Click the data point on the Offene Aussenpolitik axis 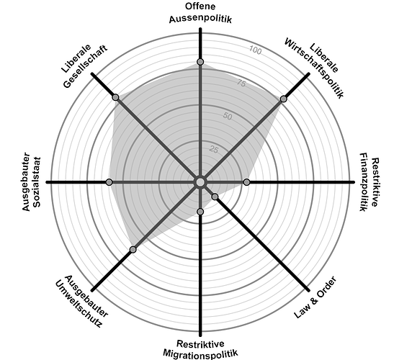200,62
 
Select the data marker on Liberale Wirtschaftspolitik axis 284,99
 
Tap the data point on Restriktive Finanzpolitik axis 246,182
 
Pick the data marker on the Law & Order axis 215,197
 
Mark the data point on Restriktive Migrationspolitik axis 200,212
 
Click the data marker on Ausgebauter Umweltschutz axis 133,249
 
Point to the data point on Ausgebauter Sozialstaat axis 109,182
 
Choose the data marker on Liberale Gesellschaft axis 115,97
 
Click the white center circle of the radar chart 200,182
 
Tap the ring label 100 255,50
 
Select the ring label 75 241,83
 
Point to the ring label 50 228,117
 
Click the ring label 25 214,150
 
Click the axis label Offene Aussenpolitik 200,13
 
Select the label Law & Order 315,297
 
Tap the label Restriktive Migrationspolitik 200,348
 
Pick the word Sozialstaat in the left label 37,182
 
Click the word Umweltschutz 79,305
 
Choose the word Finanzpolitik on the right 363,182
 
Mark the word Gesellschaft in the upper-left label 86,66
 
